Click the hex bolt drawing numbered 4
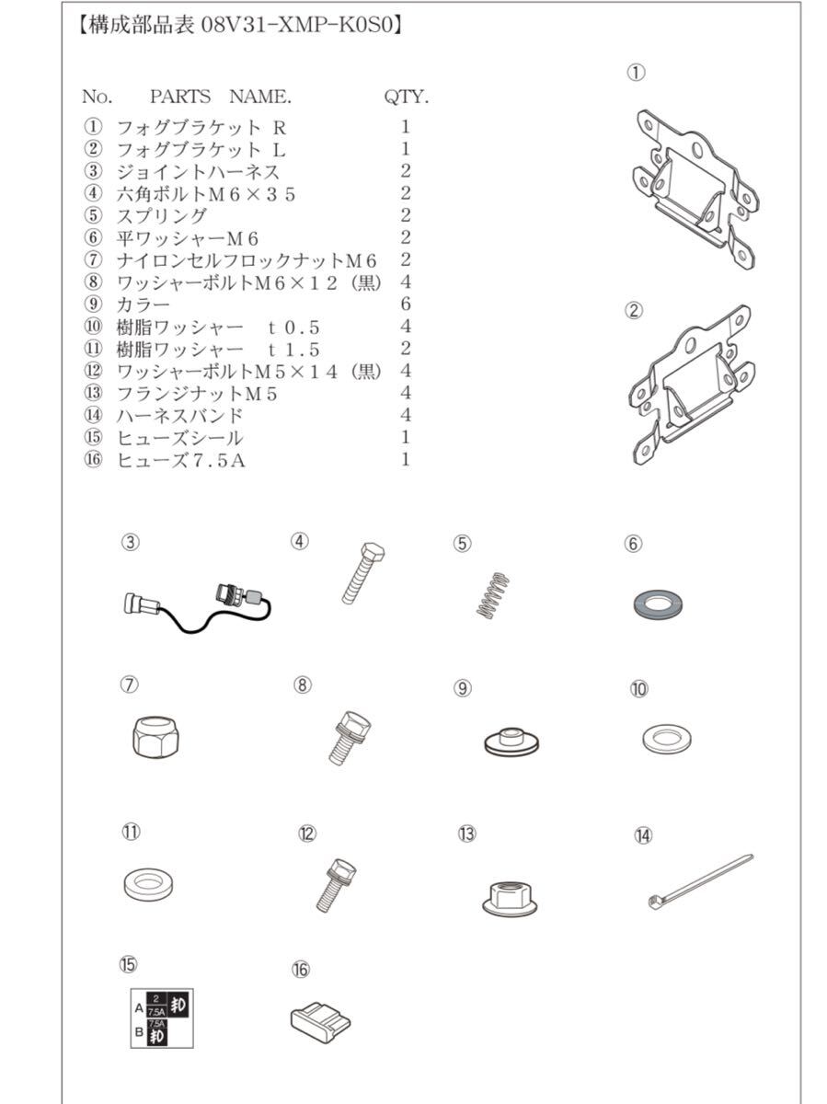point(362,572)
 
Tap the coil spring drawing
point(492,595)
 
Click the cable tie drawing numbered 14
point(699,880)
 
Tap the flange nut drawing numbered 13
point(509,895)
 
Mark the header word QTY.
point(406,97)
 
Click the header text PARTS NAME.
point(220,97)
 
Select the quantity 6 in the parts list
point(405,304)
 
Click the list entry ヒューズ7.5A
point(180,459)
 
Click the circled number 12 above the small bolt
point(307,834)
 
